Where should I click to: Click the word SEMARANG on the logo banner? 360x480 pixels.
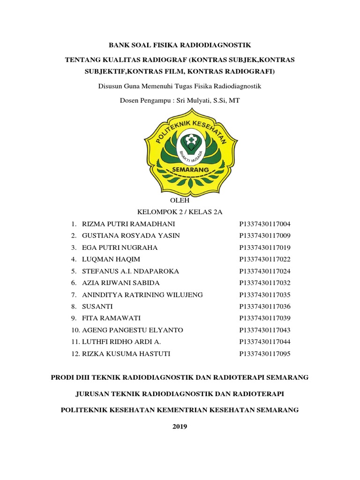[180, 169]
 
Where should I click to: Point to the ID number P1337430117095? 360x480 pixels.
[265, 354]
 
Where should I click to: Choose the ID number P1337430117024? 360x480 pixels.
[265, 271]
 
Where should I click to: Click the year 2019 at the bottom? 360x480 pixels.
[180, 426]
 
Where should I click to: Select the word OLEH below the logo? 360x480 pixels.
[180, 200]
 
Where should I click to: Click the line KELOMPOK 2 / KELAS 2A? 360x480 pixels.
[180, 212]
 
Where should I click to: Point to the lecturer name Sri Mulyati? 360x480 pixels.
[193, 100]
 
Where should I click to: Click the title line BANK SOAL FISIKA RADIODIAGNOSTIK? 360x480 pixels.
[180, 45]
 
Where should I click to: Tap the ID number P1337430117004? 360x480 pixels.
[265, 224]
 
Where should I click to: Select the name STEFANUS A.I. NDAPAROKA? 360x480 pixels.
[130, 271]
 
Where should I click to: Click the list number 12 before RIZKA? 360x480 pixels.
[75, 354]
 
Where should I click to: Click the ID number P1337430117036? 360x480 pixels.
[265, 307]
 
